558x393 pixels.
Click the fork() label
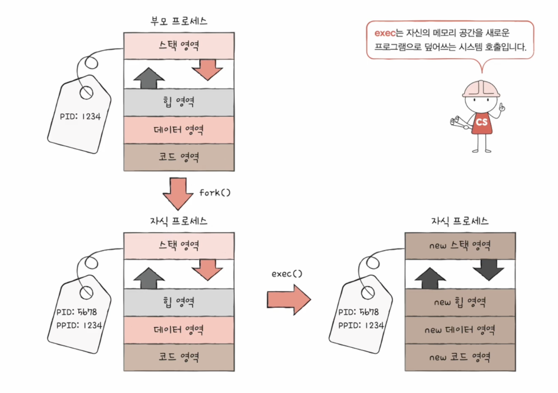pos(215,193)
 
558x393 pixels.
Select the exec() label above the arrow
pos(287,274)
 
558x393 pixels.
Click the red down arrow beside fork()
pos(178,193)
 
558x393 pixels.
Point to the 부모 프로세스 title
pos(179,22)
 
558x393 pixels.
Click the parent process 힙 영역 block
pos(179,103)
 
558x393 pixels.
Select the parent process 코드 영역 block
pos(179,157)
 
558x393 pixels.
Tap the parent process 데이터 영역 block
pos(179,130)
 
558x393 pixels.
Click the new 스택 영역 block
pos(460,246)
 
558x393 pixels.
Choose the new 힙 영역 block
pos(460,303)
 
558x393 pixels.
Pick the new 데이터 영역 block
pos(460,330)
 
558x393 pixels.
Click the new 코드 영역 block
pos(460,357)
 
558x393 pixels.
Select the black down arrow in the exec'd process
pos(488,269)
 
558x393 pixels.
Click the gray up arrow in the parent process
pos(149,78)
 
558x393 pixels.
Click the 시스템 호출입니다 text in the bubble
pos(491,47)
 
